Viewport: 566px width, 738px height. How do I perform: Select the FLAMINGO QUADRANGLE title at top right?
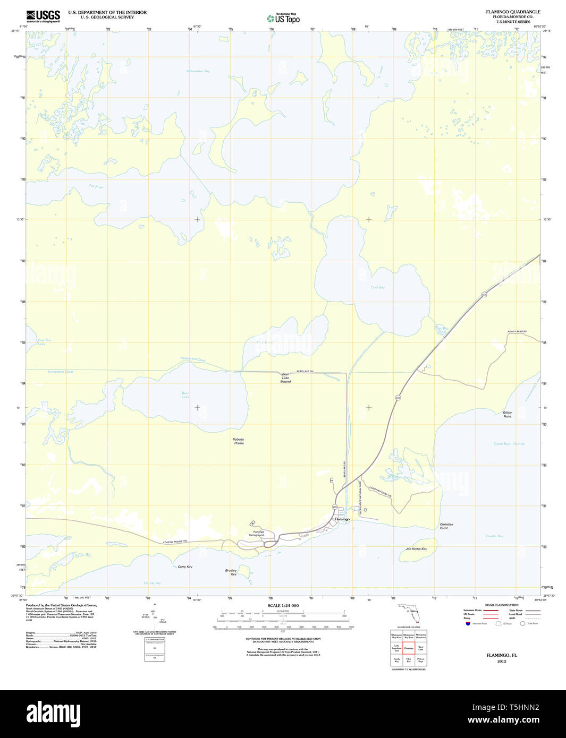(512, 12)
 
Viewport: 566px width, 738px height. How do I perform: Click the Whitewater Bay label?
(198, 71)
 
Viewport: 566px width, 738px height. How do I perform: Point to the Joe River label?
(96, 186)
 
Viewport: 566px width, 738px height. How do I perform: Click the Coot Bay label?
(377, 287)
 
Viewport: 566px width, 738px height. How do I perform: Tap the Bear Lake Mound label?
(286, 378)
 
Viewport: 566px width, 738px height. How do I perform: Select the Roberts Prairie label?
(238, 441)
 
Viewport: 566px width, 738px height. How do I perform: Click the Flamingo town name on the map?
(342, 519)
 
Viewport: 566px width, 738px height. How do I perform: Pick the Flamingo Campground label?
(258, 533)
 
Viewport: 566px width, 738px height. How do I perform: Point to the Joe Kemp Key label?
(416, 548)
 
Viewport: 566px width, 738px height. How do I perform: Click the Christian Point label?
(446, 526)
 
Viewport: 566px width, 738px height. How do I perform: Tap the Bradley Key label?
(231, 572)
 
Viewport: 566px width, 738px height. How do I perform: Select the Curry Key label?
(185, 567)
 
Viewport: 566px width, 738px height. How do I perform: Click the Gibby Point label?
(507, 414)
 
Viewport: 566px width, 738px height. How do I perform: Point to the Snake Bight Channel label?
(509, 443)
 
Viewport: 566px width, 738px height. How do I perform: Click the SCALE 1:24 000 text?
(283, 606)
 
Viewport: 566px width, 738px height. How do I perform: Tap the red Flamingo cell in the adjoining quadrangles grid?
(409, 648)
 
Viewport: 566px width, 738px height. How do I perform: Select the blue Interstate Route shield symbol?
(468, 623)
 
